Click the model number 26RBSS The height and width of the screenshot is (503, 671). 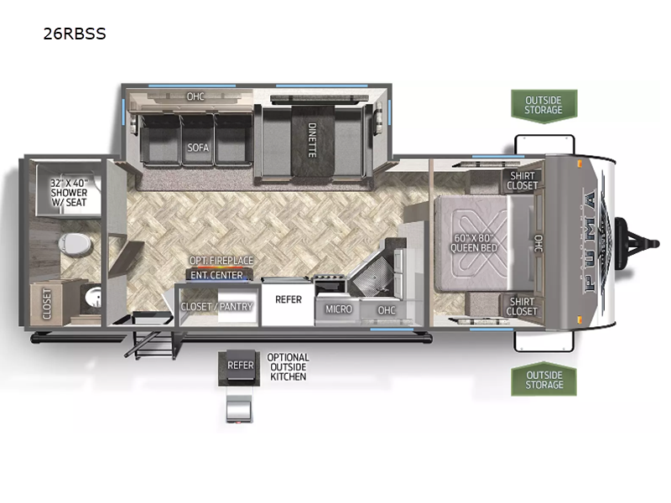coord(75,34)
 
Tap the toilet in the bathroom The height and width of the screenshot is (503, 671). coord(75,244)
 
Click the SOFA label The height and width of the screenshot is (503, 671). coord(198,148)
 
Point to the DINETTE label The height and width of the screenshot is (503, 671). coord(312,140)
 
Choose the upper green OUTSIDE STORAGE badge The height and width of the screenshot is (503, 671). coord(544,106)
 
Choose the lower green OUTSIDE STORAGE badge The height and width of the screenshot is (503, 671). coord(544,380)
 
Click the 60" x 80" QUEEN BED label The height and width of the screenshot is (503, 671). coord(474,243)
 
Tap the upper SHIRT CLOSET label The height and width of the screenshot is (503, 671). coord(522,180)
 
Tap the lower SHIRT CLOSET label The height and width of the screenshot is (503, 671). coord(522,306)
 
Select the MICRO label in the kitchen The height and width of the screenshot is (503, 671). coord(339,309)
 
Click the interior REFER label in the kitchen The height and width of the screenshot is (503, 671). coord(289,299)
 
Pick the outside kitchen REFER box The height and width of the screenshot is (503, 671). coord(239,366)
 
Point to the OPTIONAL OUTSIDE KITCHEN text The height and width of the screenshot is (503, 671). coord(288,367)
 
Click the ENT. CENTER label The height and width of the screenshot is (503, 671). coord(216,275)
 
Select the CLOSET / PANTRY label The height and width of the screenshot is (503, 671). coord(217,306)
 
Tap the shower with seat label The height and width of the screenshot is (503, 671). coord(69,193)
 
